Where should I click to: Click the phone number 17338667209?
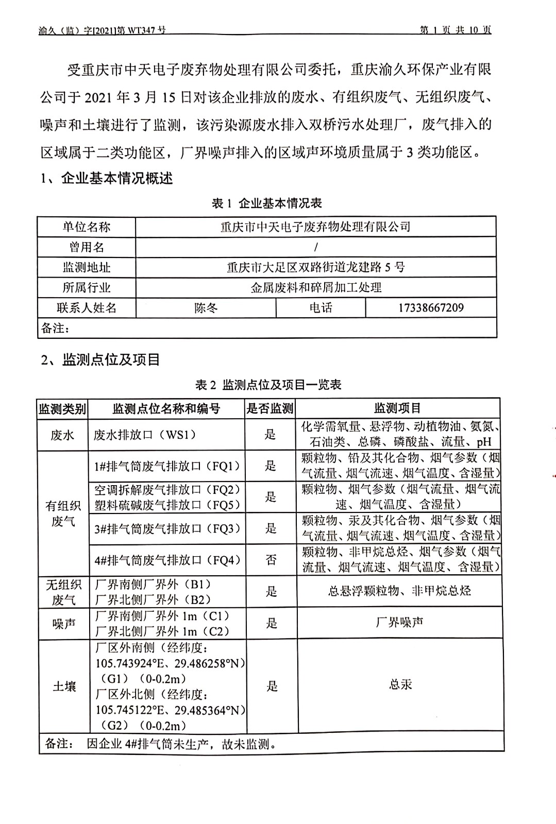coord(431,308)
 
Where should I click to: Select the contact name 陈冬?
coord(206,308)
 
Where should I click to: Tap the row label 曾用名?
coord(87,247)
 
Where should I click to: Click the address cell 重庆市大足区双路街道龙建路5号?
coord(315,267)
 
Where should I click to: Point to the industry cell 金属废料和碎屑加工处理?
coord(316,287)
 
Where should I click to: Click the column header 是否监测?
coord(270,408)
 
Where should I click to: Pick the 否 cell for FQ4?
coord(271,560)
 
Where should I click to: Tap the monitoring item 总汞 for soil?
coord(400,684)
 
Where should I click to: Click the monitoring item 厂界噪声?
coord(400,623)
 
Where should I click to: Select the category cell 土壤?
coord(64,686)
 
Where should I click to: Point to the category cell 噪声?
coord(64,624)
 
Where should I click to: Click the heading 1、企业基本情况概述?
coord(107,179)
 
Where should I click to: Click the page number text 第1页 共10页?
coord(456,30)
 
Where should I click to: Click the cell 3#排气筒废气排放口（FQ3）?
coord(167,528)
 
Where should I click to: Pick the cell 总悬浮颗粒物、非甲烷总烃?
coord(399,591)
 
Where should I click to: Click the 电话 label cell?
coord(321,308)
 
